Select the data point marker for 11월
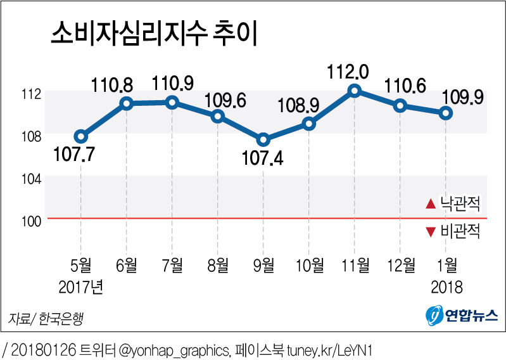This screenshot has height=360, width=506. (x=355, y=91)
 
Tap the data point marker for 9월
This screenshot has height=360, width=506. (x=263, y=139)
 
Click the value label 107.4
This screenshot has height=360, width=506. (x=263, y=158)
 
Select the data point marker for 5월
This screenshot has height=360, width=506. (x=80, y=136)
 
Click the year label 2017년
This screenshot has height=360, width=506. (x=80, y=287)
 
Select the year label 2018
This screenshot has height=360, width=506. (x=446, y=287)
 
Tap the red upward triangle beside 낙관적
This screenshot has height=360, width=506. (x=431, y=204)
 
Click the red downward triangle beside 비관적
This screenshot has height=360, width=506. (x=431, y=232)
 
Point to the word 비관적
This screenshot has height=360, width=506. (x=462, y=232)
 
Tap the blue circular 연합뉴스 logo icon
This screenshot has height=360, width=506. (x=433, y=314)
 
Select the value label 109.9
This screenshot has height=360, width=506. (x=462, y=96)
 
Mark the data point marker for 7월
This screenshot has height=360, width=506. (x=172, y=102)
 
